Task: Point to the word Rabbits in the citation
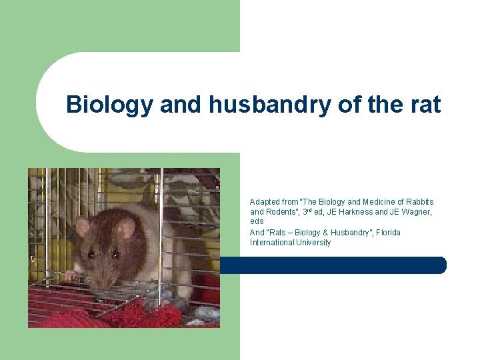(418, 201)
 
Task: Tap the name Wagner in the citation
(415, 212)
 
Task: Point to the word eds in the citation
(257, 221)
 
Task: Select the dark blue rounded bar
(333, 265)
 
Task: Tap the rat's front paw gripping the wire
(70, 275)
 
